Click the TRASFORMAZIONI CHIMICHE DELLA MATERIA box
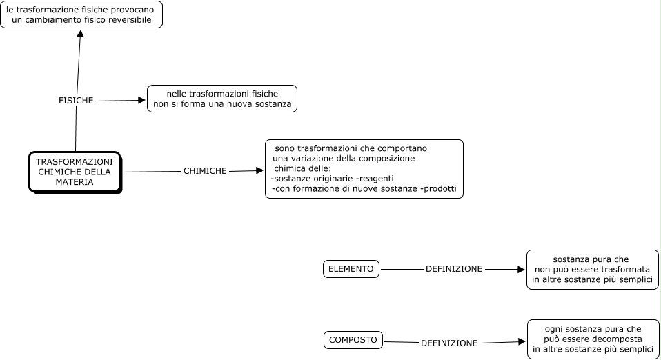(x=75, y=172)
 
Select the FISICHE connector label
(x=76, y=100)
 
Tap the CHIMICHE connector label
(x=205, y=171)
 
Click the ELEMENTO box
(x=351, y=269)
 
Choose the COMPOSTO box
(x=353, y=340)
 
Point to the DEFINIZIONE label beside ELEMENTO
(x=454, y=269)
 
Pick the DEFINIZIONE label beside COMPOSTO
(x=449, y=343)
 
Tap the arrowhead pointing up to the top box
(x=81, y=33)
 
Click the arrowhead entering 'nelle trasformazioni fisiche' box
(x=141, y=100)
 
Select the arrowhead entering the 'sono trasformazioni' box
(x=259, y=170)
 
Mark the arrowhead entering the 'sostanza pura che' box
(x=521, y=269)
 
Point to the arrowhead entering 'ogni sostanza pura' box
(x=522, y=341)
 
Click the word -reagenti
(x=376, y=179)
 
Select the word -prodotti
(x=439, y=188)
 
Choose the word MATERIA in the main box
(x=75, y=182)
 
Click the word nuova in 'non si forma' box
(x=239, y=104)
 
